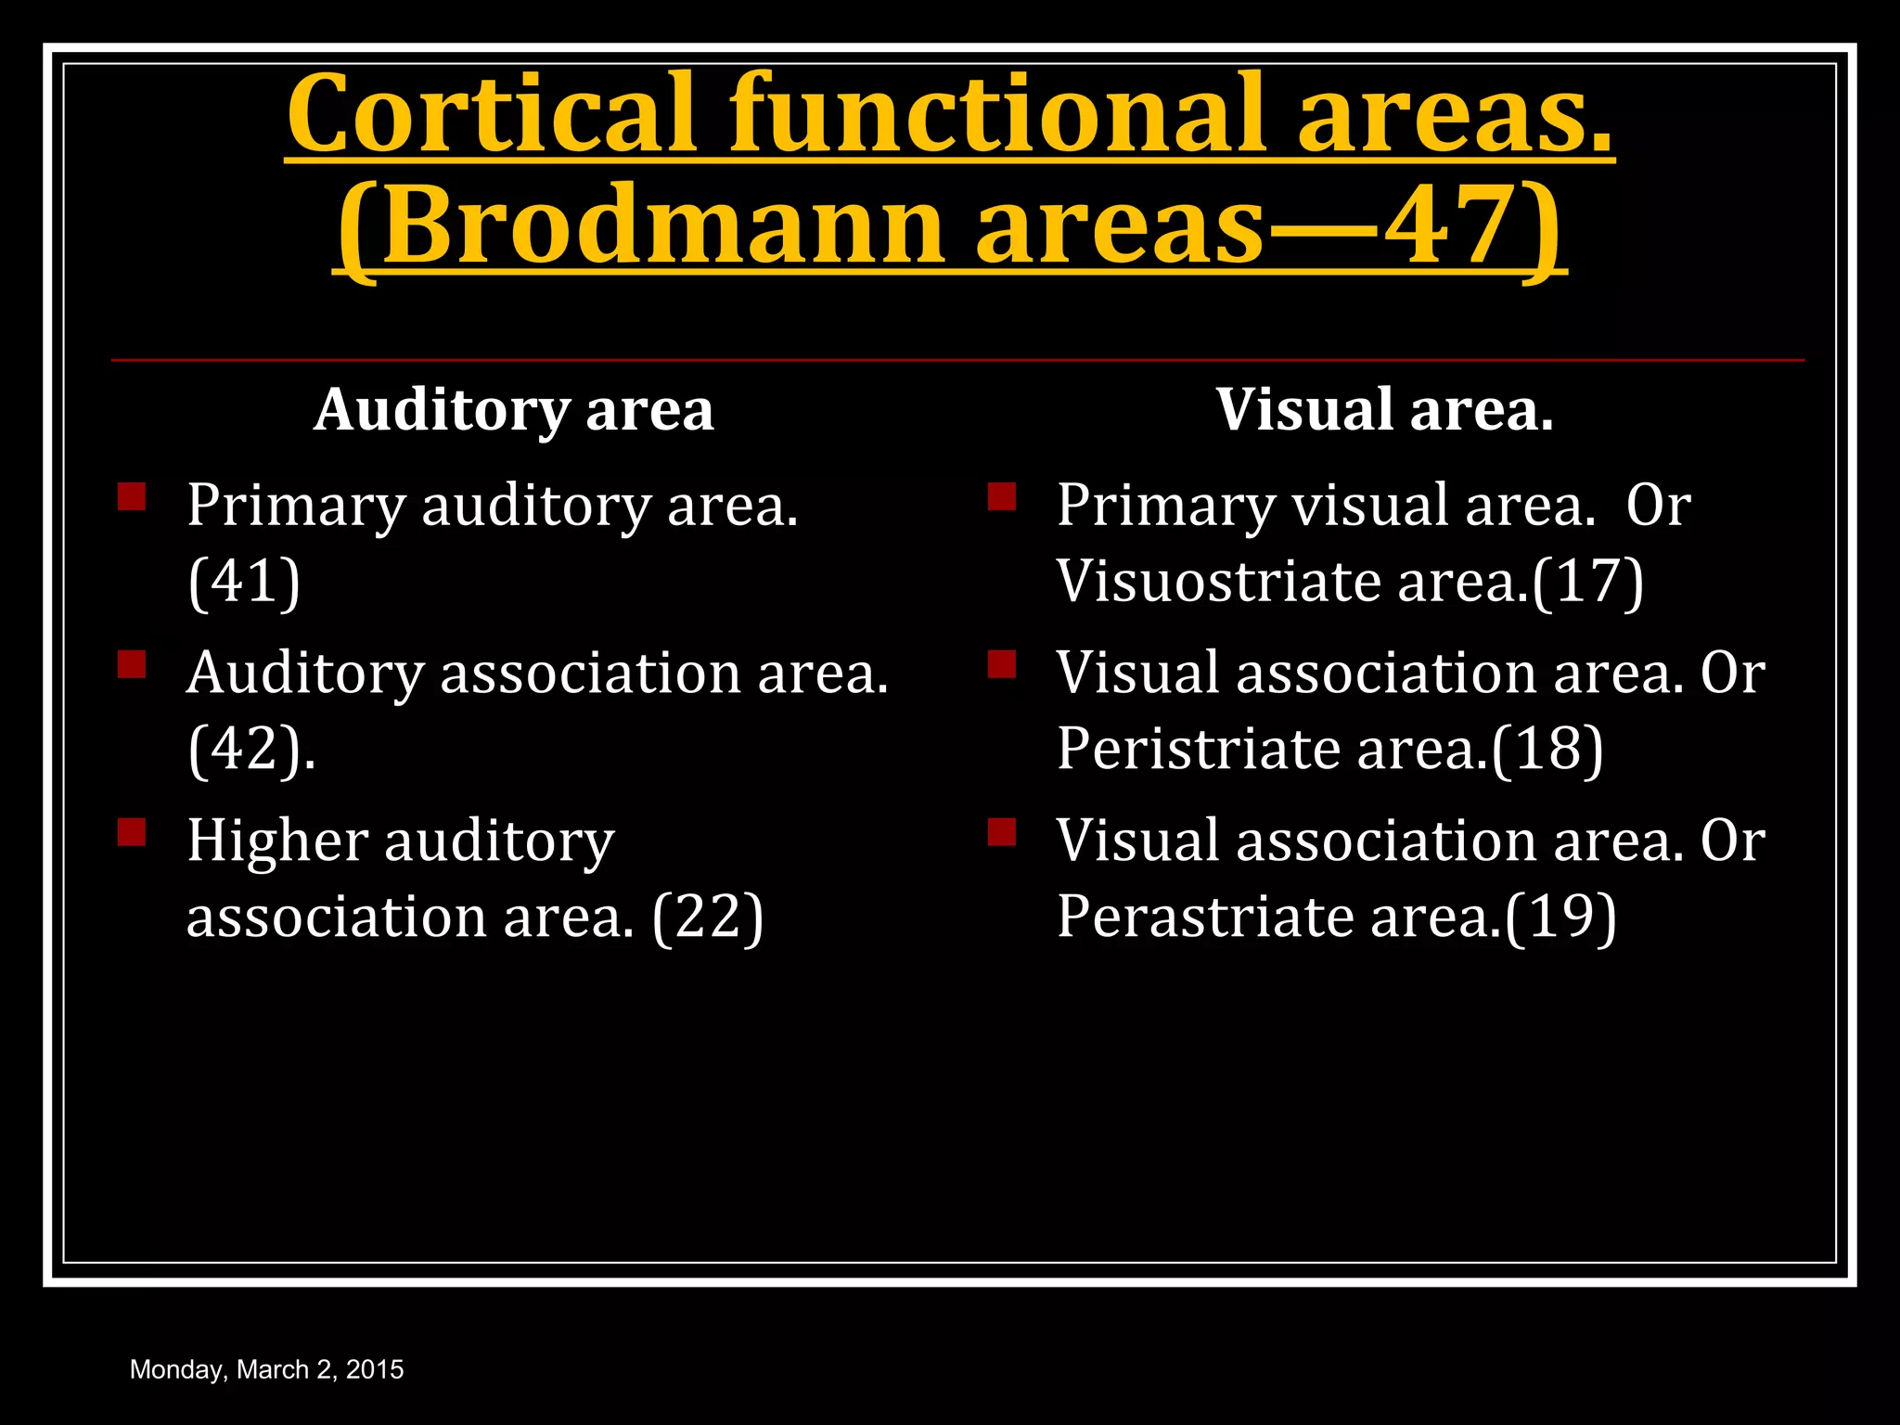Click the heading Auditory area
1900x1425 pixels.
pos(514,409)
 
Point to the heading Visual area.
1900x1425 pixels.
pos(1384,409)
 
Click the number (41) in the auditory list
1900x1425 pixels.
pos(244,582)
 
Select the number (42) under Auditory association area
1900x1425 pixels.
pos(246,749)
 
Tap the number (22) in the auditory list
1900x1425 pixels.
pos(708,918)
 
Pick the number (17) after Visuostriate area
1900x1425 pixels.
pos(1587,582)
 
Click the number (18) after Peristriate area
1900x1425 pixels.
pos(1547,749)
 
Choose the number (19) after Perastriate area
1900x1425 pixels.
pos(1560,918)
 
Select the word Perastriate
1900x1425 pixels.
pos(1205,918)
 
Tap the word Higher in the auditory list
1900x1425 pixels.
pos(277,841)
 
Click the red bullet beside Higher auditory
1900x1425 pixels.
pos(132,831)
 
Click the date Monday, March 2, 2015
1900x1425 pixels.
pos(266,1369)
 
